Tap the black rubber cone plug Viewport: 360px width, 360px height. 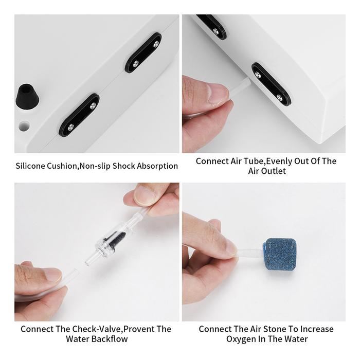tap(27, 95)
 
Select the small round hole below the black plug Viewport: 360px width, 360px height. tap(24, 126)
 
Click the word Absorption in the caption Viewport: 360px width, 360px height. tap(157, 166)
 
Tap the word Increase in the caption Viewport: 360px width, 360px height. tap(317, 329)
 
